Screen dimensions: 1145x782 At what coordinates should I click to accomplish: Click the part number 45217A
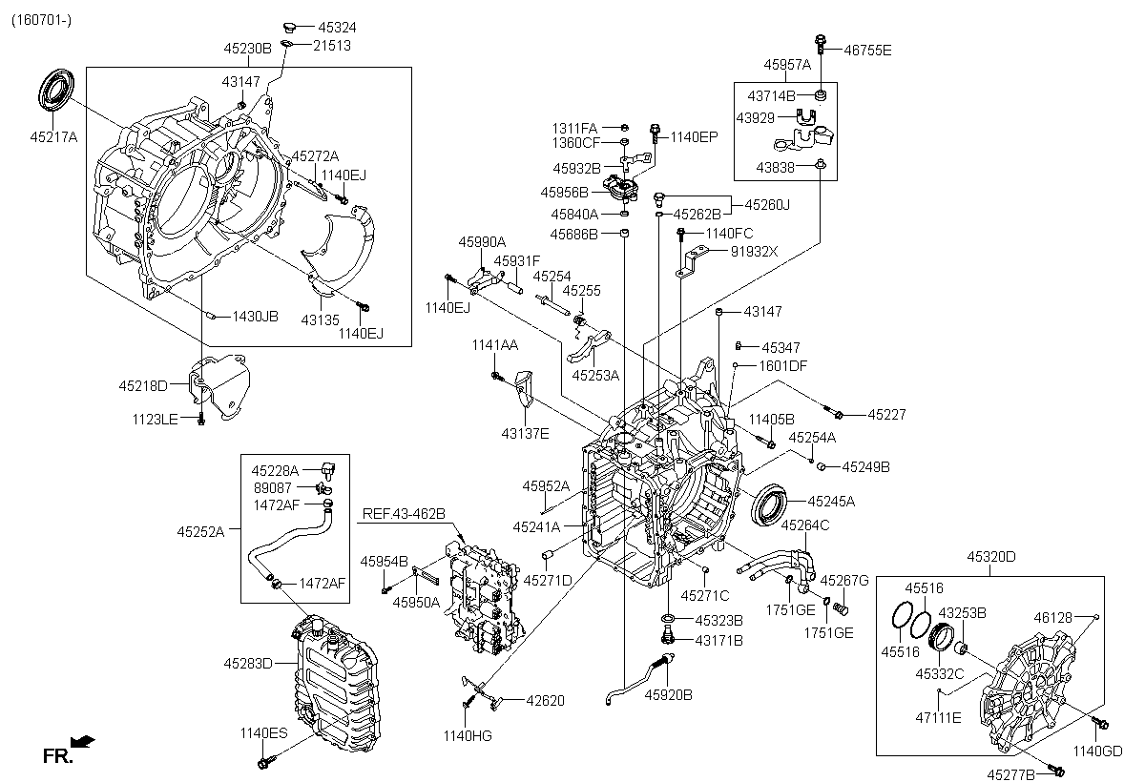(53, 137)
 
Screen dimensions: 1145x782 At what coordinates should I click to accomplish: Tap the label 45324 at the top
(337, 27)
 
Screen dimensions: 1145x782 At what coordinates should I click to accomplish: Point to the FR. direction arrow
(83, 741)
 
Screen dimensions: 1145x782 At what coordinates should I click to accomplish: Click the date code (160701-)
(41, 20)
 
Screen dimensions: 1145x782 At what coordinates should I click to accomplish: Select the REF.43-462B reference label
(404, 514)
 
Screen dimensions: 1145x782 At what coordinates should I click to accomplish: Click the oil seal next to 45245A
(769, 505)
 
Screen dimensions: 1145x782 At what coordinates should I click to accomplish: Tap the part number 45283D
(248, 664)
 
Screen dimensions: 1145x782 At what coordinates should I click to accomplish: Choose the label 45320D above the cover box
(991, 556)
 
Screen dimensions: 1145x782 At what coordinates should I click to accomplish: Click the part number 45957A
(787, 65)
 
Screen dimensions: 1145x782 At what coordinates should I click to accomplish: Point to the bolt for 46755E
(821, 45)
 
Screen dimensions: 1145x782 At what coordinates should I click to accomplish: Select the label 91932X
(754, 252)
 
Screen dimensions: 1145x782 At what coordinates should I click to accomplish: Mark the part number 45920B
(669, 694)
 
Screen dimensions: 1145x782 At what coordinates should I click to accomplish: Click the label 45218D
(143, 385)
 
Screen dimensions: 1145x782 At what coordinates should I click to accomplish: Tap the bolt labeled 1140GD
(1100, 723)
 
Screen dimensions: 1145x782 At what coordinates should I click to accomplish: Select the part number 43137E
(525, 434)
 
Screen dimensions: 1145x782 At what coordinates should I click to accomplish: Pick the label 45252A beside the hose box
(201, 532)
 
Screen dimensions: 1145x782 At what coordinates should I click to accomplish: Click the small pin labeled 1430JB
(210, 317)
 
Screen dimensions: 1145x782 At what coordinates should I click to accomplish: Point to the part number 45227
(886, 414)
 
